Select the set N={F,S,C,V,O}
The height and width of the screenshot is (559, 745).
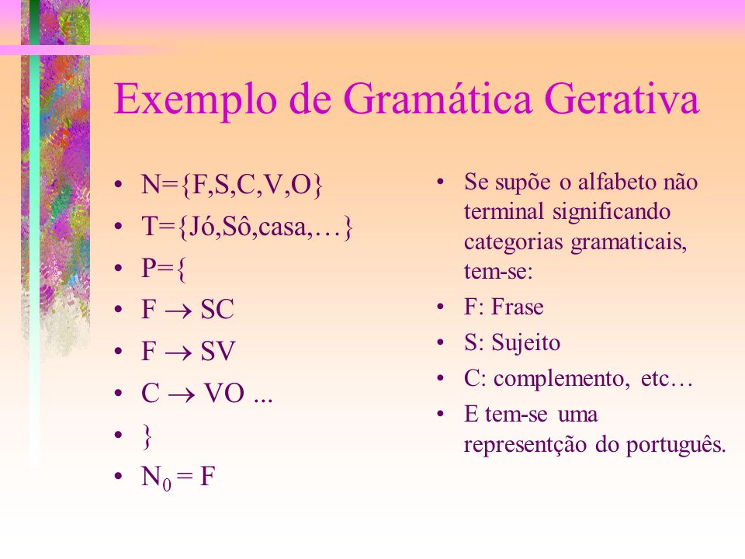click(232, 185)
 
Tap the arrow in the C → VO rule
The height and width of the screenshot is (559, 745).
click(182, 395)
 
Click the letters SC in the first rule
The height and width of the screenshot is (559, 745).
click(217, 310)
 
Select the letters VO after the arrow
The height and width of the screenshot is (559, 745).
click(224, 393)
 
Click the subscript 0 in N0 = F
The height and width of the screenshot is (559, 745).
click(167, 484)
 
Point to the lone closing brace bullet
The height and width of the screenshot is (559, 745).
click(147, 437)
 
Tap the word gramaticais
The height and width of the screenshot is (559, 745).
click(629, 243)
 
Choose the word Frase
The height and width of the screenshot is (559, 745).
click(518, 307)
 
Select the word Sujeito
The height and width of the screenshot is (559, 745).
click(525, 343)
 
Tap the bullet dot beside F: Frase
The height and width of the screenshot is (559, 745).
click(441, 307)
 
